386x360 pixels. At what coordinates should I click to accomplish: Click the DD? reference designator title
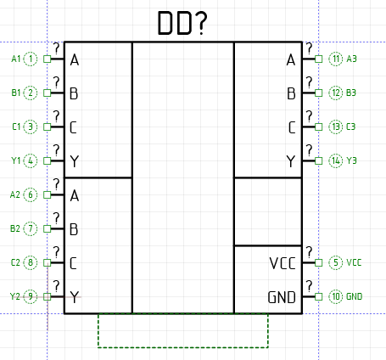click(182, 23)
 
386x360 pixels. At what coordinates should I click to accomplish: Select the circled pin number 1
click(31, 59)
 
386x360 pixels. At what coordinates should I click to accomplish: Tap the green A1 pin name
click(16, 59)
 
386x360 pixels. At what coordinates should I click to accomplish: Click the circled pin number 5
click(336, 262)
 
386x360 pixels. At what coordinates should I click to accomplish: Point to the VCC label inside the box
click(283, 263)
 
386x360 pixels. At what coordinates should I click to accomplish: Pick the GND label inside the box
click(282, 297)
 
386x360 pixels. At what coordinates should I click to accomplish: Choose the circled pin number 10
click(336, 296)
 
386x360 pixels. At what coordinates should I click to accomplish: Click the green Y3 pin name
click(351, 160)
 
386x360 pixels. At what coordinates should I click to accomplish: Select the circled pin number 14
click(336, 160)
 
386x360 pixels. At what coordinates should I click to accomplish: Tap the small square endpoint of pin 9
click(48, 296)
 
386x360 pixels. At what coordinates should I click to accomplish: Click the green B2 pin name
click(15, 228)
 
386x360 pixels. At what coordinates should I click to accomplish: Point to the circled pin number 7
click(31, 228)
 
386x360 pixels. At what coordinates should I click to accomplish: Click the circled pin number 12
click(336, 93)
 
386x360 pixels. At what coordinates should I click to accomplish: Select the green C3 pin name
click(351, 127)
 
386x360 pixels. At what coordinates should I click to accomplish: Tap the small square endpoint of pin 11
click(319, 59)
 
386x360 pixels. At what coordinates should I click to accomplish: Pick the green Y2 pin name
click(15, 296)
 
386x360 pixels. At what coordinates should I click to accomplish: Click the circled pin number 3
click(31, 127)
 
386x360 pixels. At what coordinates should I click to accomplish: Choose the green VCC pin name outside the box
click(354, 262)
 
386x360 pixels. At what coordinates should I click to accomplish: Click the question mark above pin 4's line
click(57, 150)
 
